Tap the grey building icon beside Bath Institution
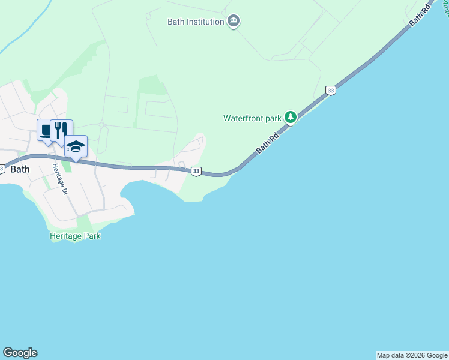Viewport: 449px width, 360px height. (x=234, y=22)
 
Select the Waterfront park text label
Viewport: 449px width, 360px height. (x=252, y=118)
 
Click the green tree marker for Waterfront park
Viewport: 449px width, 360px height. (x=291, y=116)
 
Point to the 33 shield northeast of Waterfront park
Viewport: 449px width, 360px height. (x=330, y=90)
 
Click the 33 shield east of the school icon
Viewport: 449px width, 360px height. (x=196, y=172)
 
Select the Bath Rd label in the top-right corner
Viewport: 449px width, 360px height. (x=420, y=14)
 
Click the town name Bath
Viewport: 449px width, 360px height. (x=20, y=169)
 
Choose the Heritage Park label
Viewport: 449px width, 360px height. (x=75, y=236)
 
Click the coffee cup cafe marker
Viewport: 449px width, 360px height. (x=46, y=130)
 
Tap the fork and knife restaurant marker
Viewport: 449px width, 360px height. (x=61, y=130)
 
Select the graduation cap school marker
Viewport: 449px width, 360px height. (x=76, y=146)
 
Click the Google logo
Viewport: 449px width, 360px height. (x=20, y=353)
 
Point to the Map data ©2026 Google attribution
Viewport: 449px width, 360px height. (x=412, y=355)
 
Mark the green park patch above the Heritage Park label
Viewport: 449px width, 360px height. (x=83, y=222)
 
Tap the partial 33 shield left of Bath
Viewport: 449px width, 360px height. (x=2, y=169)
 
